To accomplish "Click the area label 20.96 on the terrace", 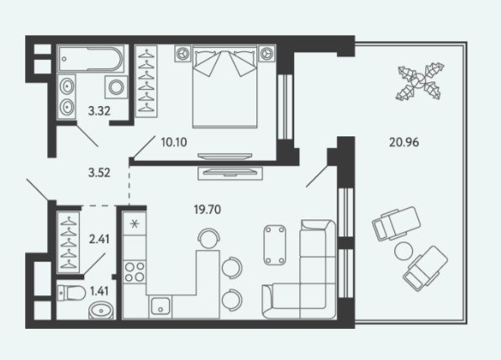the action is point(403,142).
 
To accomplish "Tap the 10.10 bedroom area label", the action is point(174,142).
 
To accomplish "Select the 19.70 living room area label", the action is point(208,209).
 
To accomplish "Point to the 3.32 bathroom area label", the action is point(99,111).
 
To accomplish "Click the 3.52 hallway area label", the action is point(99,173).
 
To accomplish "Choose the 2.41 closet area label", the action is point(99,239).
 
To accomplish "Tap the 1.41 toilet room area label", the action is point(99,291).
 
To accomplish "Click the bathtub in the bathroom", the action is point(91,59).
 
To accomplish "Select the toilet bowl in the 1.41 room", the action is point(71,293).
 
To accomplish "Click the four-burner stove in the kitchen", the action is point(134,272).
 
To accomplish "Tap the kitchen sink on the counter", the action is point(160,306).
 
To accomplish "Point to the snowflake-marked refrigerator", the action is point(134,224).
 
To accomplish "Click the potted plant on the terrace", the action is point(419,82).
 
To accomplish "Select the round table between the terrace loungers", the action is point(403,251).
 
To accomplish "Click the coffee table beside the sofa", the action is point(275,245).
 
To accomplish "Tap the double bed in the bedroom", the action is point(224,87).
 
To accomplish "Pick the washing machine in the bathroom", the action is point(116,87).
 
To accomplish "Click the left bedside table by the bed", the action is point(182,53).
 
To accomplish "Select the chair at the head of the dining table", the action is point(208,238).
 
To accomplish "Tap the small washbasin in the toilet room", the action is point(101,310).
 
